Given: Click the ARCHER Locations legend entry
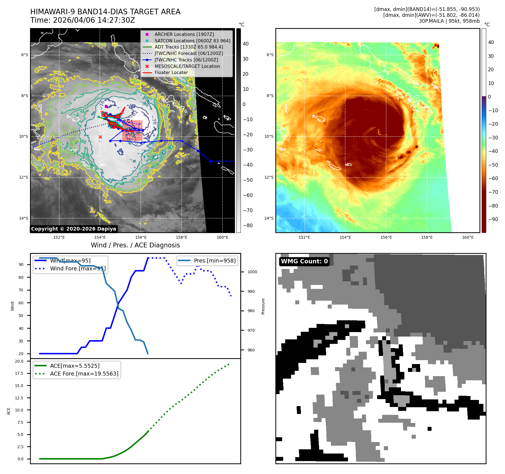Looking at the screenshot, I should point(184,34).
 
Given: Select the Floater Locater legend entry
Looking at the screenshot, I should point(171,72).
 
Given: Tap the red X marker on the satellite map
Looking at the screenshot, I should point(100,137).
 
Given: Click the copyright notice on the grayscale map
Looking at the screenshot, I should point(73,229).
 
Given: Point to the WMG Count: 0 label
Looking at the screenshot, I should point(304,261).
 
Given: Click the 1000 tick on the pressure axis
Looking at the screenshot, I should point(252,272).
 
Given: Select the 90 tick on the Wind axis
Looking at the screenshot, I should point(21,264).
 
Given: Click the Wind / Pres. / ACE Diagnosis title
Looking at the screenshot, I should point(135,245).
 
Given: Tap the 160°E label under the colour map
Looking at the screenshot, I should point(468,237).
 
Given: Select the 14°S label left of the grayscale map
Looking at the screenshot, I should point(24,218).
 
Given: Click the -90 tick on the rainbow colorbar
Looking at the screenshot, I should point(493,219).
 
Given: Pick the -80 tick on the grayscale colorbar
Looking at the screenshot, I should point(248,226).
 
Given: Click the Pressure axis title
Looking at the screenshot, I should point(263,306).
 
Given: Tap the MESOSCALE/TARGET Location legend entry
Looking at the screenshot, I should point(187,66).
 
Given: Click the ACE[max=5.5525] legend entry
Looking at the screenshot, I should point(75,366).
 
